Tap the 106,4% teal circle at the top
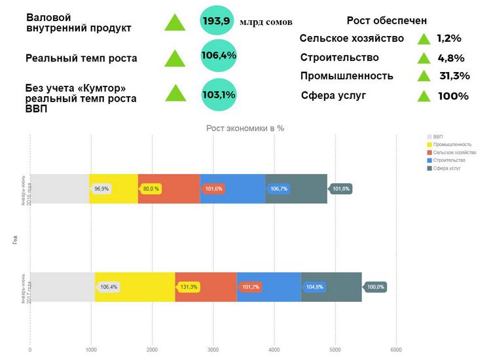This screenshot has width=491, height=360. click(219, 56)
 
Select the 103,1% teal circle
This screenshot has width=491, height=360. click(219, 94)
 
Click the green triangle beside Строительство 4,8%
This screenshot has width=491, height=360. click(424, 58)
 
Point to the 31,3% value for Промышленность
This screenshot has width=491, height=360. click(454, 76)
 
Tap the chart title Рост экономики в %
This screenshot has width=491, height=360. click(245, 128)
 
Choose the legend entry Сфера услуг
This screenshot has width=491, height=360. click(447, 168)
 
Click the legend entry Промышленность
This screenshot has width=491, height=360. click(451, 144)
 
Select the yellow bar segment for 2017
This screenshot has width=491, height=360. click(135, 287)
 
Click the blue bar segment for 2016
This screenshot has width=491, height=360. click(232, 189)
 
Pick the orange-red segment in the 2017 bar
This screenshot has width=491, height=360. click(206, 287)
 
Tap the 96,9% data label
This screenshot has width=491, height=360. click(101, 189)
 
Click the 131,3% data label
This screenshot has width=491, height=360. click(189, 287)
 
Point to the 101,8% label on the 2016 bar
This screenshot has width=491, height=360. click(341, 189)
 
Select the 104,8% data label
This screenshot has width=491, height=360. click(314, 287)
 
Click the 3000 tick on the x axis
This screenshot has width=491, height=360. click(213, 350)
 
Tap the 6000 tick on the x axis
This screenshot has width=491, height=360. click(395, 350)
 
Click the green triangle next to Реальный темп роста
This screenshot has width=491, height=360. click(175, 58)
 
